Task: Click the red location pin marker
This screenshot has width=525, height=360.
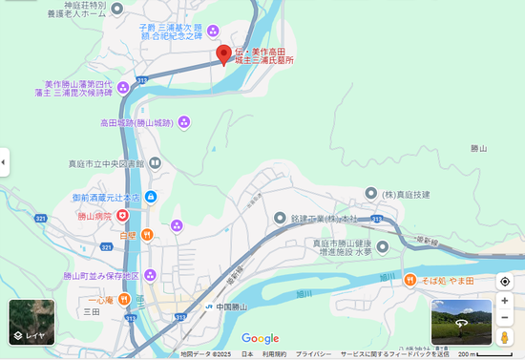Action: point(222,54)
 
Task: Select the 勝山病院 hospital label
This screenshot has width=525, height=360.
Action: point(95,217)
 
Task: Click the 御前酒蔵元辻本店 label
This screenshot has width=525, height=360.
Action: point(106,198)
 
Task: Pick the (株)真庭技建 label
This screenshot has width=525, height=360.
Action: point(406,195)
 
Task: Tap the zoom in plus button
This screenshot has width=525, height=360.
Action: point(505,302)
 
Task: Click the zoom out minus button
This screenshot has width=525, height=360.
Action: point(505,320)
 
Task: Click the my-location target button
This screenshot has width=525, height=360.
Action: point(505,282)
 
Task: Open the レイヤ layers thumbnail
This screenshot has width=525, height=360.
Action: point(31,322)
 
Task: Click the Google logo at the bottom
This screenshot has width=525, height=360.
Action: point(260,338)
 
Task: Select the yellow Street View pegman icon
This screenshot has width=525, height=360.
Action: point(505,338)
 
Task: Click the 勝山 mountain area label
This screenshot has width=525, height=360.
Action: point(479,149)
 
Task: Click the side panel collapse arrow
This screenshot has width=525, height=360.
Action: point(4,162)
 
